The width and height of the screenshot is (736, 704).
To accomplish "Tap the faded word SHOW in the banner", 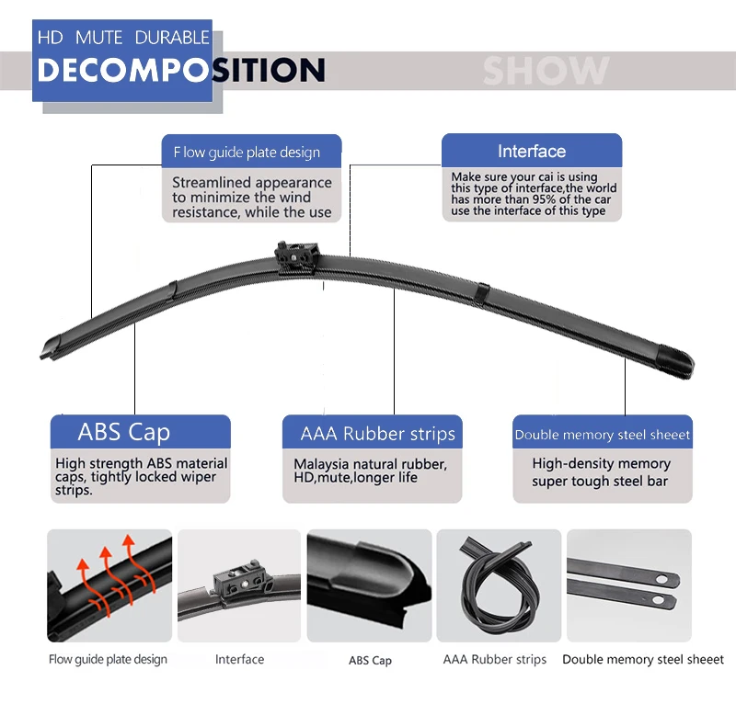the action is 546,71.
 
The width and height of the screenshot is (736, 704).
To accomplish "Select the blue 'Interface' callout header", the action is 532,152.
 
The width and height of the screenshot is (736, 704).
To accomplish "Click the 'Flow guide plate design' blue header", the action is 247,153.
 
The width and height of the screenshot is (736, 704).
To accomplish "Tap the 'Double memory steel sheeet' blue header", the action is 603,435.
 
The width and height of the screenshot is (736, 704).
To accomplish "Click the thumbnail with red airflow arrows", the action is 109,585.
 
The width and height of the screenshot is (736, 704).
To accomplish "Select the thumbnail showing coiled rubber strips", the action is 498,585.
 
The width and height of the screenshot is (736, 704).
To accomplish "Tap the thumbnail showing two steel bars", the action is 628,585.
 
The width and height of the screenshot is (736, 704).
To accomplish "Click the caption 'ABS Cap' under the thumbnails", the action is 370,661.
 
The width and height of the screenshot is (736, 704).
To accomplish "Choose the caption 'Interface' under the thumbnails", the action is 239,659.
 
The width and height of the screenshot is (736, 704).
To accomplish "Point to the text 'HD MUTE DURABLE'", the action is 123,38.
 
